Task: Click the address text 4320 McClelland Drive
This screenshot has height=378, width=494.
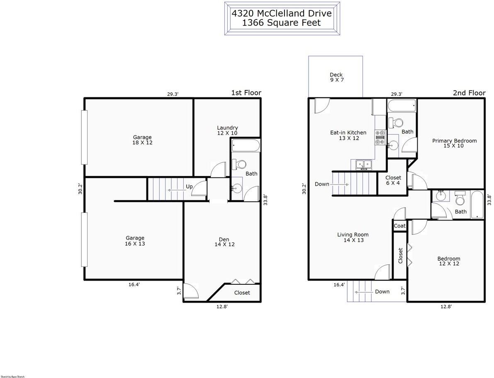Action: (x=282, y=13)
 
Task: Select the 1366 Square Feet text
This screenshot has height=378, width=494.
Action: (x=282, y=23)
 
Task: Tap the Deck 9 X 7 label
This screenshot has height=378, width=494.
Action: (x=336, y=78)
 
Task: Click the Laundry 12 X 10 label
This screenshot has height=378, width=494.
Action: (x=227, y=130)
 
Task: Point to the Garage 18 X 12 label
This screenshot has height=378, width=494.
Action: (x=142, y=140)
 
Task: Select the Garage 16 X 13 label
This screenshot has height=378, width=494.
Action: (x=135, y=241)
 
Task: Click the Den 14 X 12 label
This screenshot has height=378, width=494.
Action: (x=224, y=242)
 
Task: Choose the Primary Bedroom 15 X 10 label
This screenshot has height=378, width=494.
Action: (x=454, y=143)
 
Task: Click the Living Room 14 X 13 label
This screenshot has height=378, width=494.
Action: (x=353, y=237)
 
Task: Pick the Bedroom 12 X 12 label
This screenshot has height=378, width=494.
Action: (x=449, y=261)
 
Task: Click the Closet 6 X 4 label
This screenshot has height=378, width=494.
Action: (x=393, y=180)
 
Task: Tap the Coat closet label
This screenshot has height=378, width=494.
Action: (x=400, y=226)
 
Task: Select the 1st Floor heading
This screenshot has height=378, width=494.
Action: (x=246, y=93)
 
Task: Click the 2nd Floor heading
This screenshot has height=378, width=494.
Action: (x=469, y=93)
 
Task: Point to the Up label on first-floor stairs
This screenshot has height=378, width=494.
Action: (x=189, y=187)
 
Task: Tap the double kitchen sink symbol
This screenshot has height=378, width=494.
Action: (x=364, y=165)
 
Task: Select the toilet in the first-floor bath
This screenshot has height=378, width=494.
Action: (x=239, y=164)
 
